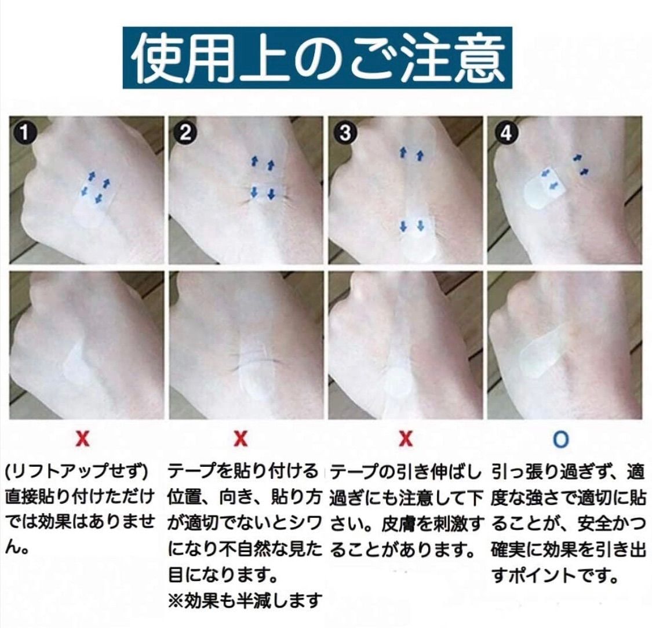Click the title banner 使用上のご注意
[x=317, y=58]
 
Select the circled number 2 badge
[x=185, y=133]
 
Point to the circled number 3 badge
[x=345, y=133]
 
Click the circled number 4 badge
[x=505, y=133]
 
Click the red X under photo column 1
[x=83, y=438]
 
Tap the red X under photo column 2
[x=241, y=438]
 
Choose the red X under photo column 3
[x=406, y=438]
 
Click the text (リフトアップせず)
[x=77, y=472]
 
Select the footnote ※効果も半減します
[x=245, y=601]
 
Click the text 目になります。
[x=223, y=576]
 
